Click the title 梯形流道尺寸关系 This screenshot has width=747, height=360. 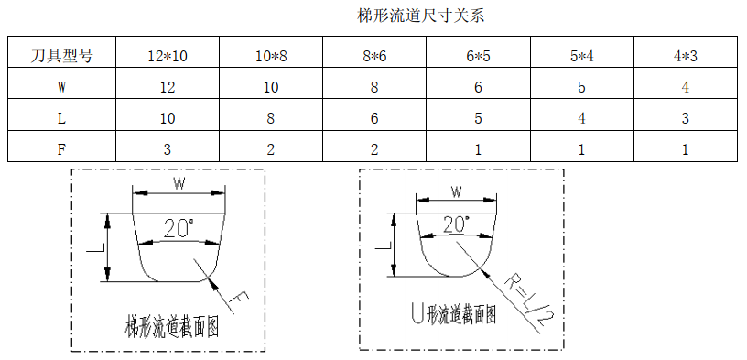427,16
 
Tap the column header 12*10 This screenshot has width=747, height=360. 168,56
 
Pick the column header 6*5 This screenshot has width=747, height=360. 478,56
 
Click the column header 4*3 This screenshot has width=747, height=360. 686,56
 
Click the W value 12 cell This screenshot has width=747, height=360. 168,88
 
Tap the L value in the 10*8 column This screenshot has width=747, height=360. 271,119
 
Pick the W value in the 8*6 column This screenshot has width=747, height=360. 374,88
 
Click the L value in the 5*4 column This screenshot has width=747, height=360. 582,119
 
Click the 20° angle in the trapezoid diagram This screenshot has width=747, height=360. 179,228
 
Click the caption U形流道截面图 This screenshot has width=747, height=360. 454,316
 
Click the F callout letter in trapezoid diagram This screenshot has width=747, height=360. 241,300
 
